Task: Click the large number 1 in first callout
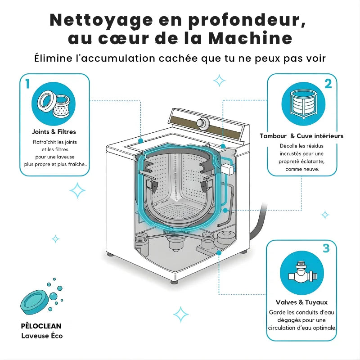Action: [x=28, y=84]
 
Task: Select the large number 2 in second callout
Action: [x=328, y=84]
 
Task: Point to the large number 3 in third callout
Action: [x=326, y=248]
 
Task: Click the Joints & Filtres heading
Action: [x=54, y=132]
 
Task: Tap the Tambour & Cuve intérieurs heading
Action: [x=301, y=136]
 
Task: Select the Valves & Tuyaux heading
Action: [x=301, y=302]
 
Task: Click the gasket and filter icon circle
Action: [x=54, y=104]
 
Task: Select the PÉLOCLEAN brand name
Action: [x=41, y=326]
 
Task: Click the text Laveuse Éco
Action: [x=42, y=336]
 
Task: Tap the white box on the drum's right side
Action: [x=228, y=169]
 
